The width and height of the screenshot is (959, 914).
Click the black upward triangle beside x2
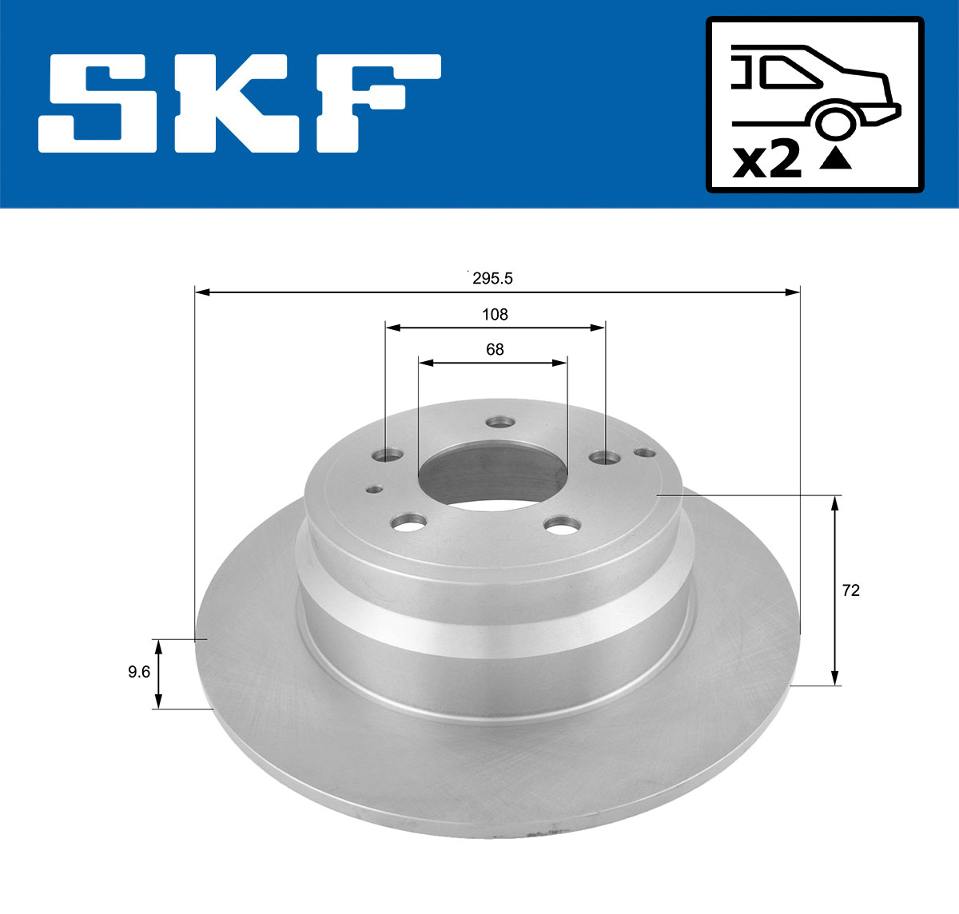pyautogui.click(x=836, y=159)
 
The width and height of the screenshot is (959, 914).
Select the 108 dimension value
pyautogui.click(x=495, y=314)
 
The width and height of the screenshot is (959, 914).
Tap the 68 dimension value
pyautogui.click(x=495, y=349)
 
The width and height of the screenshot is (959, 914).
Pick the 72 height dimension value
pyautogui.click(x=851, y=590)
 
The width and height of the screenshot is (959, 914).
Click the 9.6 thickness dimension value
pyautogui.click(x=139, y=672)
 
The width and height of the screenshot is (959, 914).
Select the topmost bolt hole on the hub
pyautogui.click(x=502, y=420)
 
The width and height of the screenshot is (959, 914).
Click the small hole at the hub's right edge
pyautogui.click(x=643, y=453)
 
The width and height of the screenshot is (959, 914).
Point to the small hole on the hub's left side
pyautogui.click(x=372, y=490)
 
